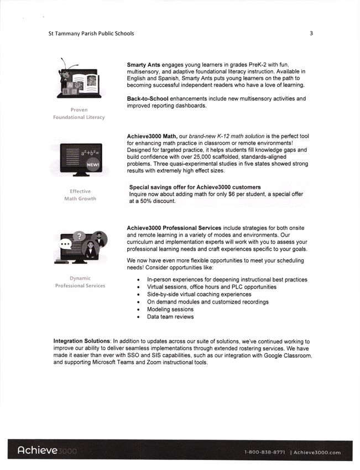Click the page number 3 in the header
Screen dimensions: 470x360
(311, 33)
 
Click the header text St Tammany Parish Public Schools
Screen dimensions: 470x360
(91, 33)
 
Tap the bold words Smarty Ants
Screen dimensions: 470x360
(144, 65)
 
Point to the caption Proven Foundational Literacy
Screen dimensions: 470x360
(79, 113)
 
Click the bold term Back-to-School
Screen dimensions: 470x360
(148, 99)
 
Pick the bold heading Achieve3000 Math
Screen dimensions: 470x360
(152, 137)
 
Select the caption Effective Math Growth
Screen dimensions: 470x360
(80, 195)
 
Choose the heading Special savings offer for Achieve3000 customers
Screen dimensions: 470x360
(195, 187)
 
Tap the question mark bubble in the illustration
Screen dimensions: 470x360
(80, 236)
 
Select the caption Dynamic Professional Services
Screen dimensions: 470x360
(80, 282)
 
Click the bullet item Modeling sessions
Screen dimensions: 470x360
(170, 310)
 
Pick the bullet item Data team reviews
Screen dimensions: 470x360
(170, 317)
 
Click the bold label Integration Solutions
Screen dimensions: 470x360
(82, 342)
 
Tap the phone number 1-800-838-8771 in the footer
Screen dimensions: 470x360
(264, 452)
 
